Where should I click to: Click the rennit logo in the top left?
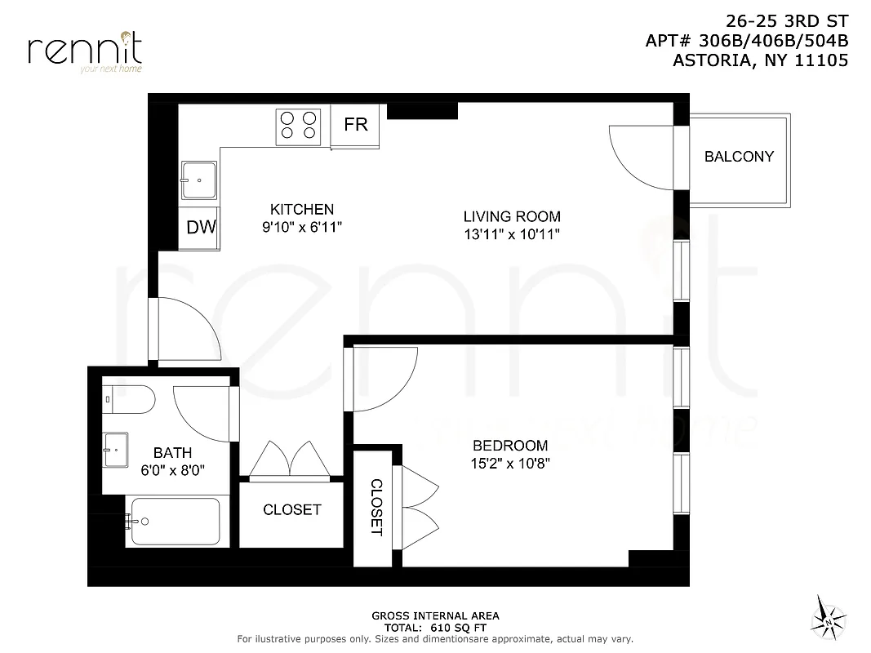point(85,51)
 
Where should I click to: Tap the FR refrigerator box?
point(356,125)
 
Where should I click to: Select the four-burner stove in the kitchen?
point(298,126)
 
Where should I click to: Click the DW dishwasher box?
point(201,228)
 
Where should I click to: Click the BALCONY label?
point(739,157)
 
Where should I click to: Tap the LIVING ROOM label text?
point(512,216)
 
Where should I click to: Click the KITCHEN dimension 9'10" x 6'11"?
point(302,228)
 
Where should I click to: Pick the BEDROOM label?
point(510,446)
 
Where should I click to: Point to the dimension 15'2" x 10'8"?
point(510,464)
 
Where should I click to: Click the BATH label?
point(172,453)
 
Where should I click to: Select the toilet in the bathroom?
point(130,399)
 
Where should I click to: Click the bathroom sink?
point(115,446)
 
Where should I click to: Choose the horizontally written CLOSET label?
point(291,510)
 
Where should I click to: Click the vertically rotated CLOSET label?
point(376,507)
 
